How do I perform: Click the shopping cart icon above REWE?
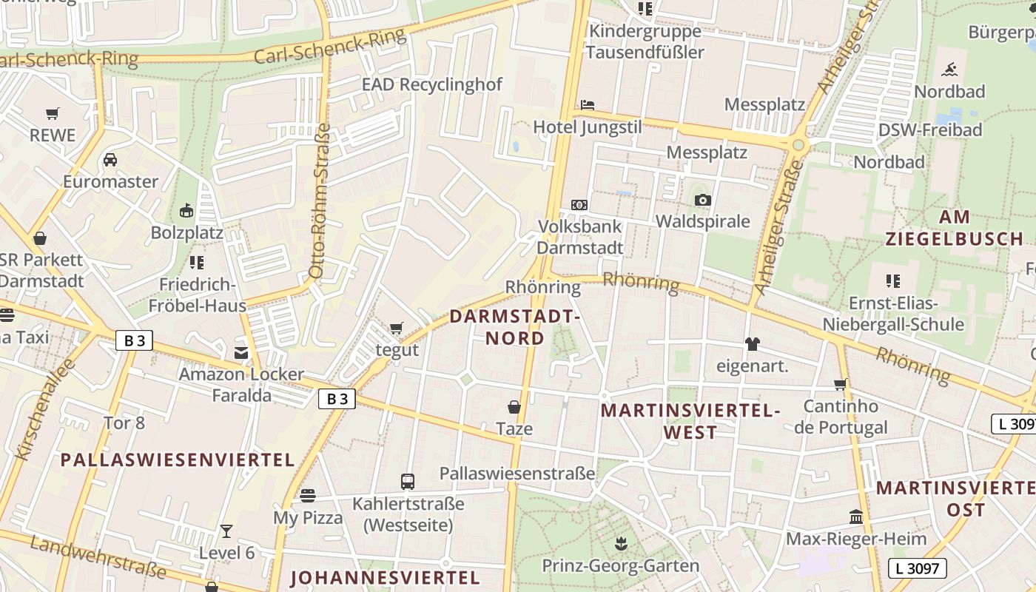pos(52,114)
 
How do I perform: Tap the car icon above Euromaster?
pos(110,160)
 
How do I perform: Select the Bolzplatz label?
pos(186,232)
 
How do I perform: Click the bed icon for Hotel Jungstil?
pos(588,105)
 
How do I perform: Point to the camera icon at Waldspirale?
pos(702,200)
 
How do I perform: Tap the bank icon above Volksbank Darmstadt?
pos(579,204)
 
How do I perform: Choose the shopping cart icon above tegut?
pos(397,328)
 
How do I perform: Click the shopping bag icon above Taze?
pos(514,407)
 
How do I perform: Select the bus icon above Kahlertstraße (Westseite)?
pos(408,482)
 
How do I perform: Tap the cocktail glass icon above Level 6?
pos(226,531)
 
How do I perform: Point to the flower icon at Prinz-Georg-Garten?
pos(620,545)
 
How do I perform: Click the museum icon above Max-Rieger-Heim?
pos(856,517)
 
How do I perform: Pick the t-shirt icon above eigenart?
pos(753,343)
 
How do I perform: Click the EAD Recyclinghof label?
pos(431,84)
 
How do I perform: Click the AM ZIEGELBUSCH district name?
pos(954,228)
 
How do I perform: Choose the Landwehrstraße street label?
pos(98,556)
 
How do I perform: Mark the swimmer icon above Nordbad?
pos(949,70)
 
